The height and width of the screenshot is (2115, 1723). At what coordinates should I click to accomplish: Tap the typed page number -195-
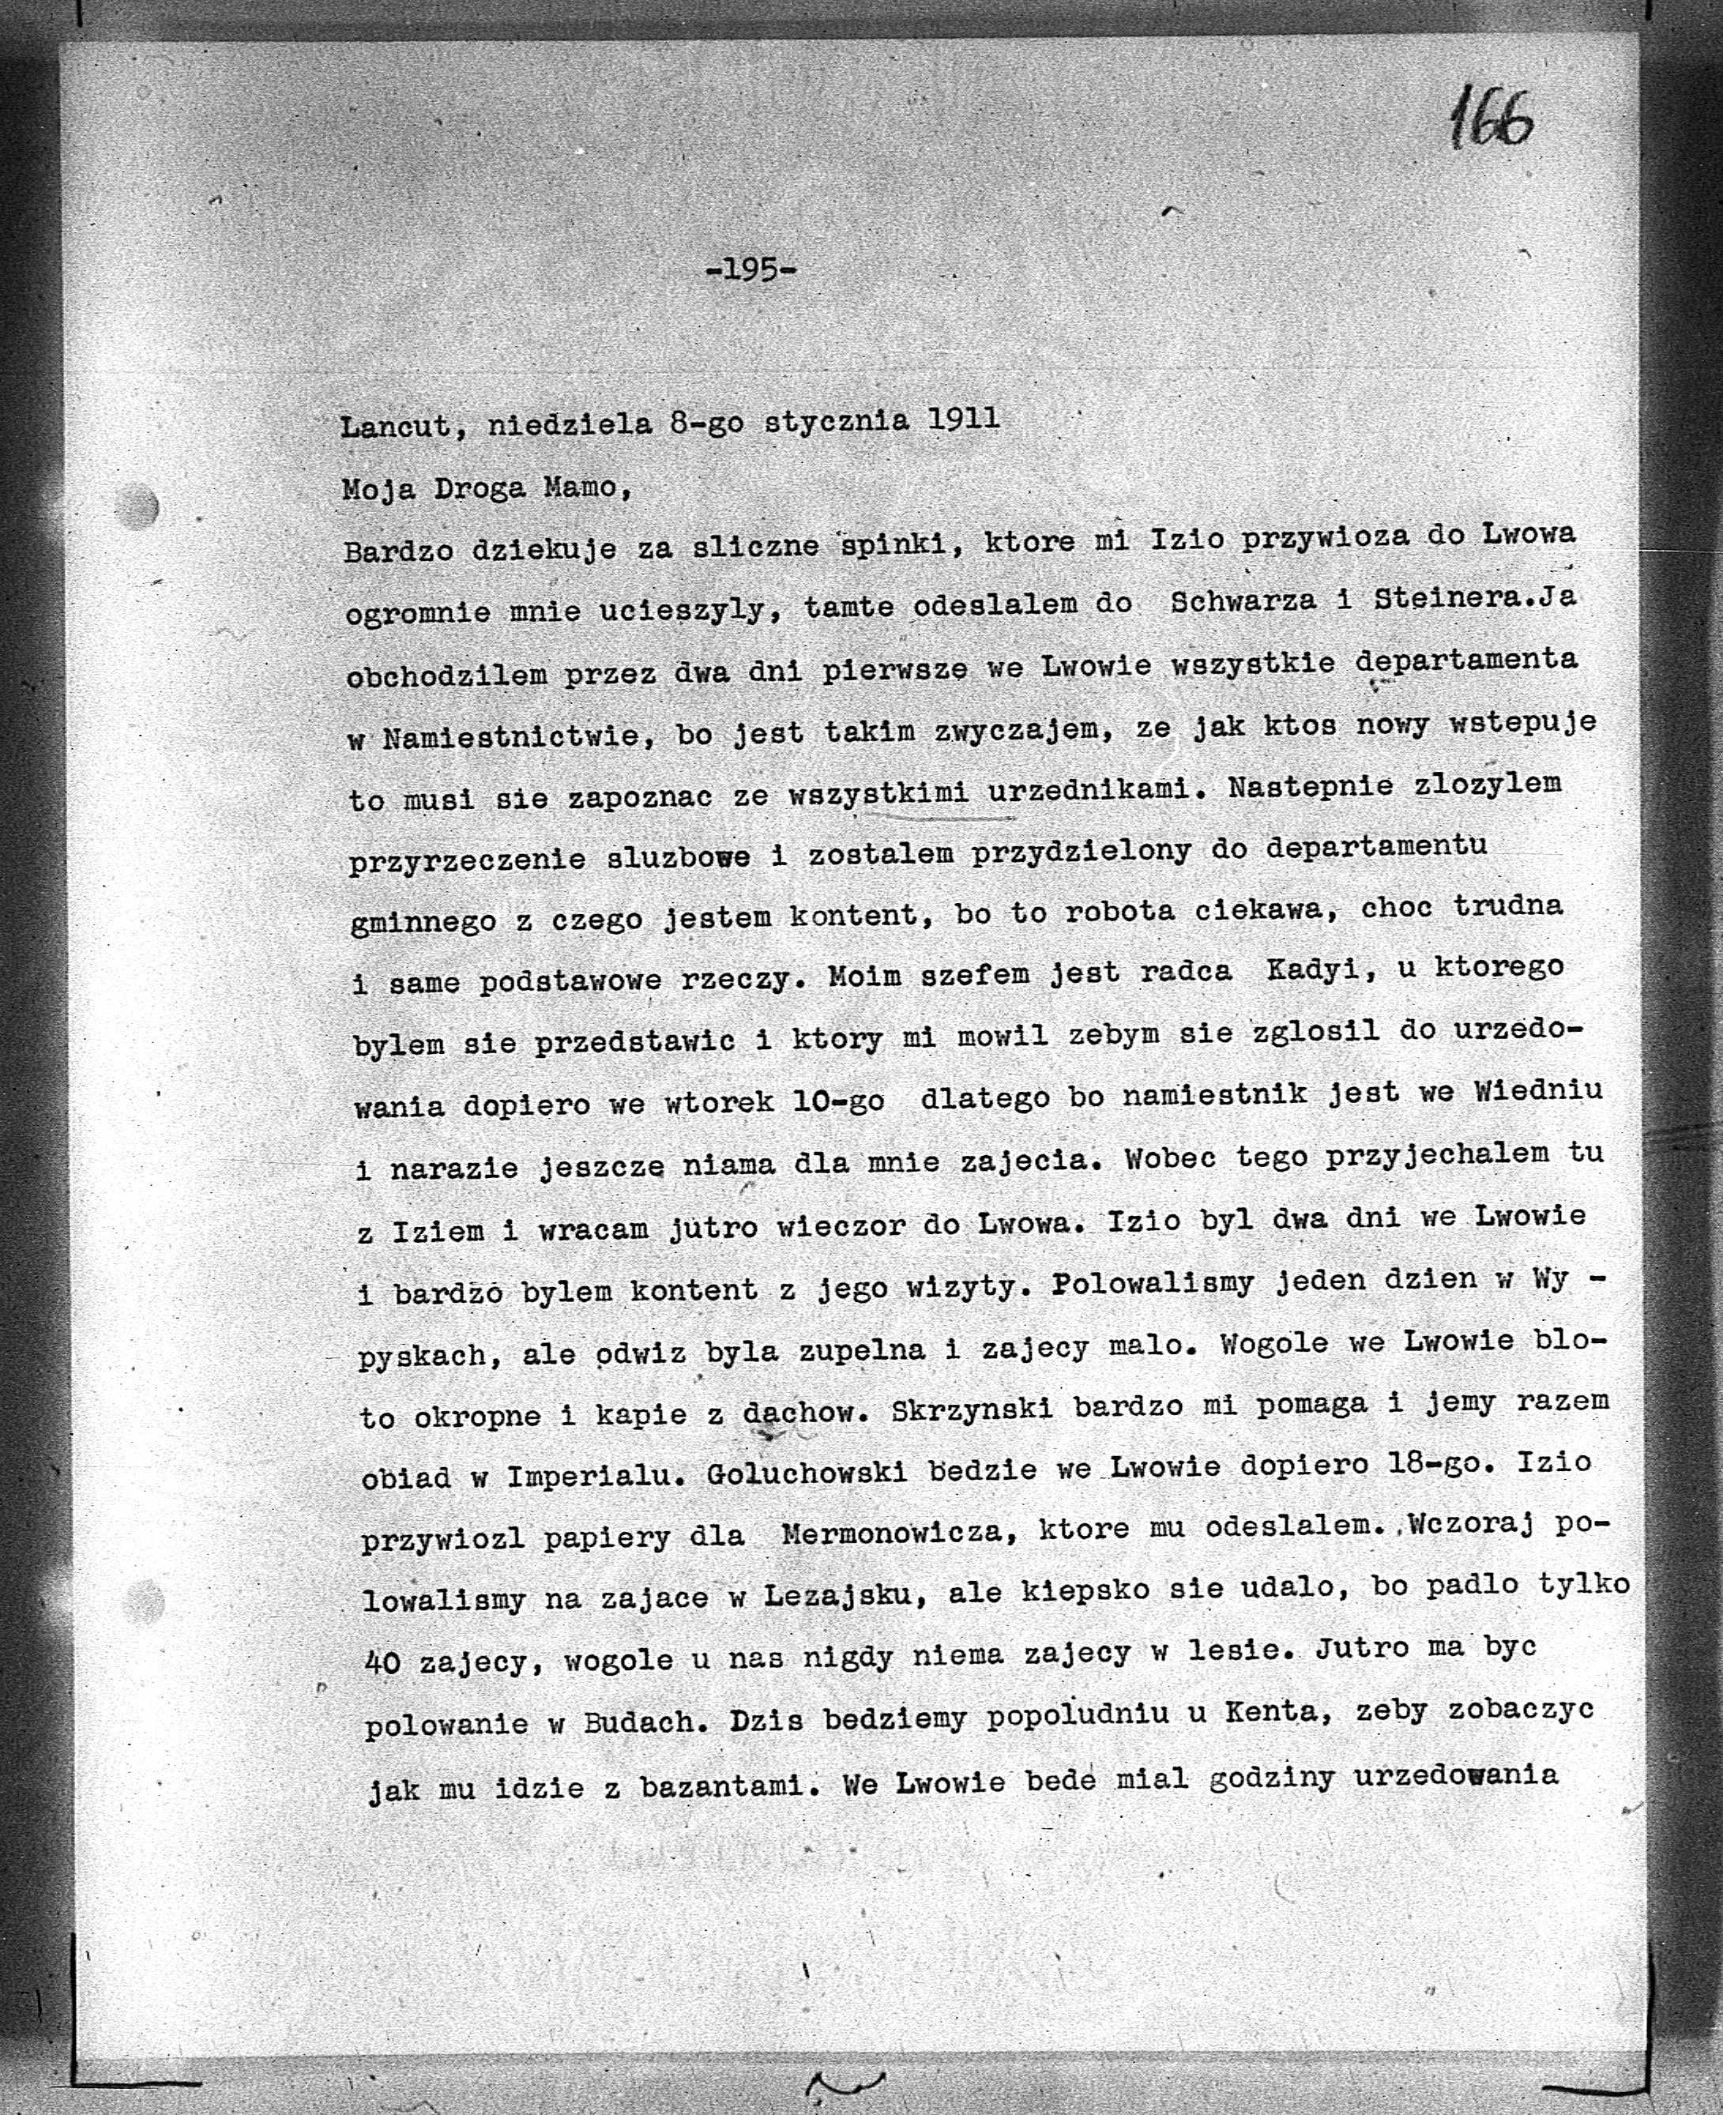pyautogui.click(x=751, y=270)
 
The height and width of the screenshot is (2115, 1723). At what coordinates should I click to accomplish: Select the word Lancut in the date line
pyautogui.click(x=394, y=427)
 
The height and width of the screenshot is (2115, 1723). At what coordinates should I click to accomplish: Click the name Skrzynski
pyautogui.click(x=972, y=1409)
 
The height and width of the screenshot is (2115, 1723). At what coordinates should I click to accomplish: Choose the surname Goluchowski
pyautogui.click(x=806, y=1473)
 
